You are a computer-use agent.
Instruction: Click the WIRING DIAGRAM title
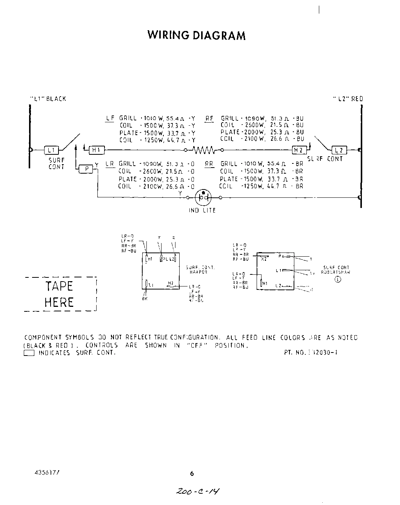tap(196, 35)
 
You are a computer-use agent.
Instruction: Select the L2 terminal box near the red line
tap(338, 150)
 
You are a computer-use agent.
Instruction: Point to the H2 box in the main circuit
tap(298, 150)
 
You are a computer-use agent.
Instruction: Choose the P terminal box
tap(86, 169)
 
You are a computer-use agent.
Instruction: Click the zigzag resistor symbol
tap(204, 150)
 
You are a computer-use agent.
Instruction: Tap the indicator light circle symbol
tap(203, 197)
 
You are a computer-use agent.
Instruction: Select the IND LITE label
tap(202, 210)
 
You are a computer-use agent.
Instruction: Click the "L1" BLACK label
tap(48, 99)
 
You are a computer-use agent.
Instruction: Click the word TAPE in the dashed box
tap(59, 286)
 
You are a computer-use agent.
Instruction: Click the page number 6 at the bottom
tap(192, 474)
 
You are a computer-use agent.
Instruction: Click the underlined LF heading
tap(110, 119)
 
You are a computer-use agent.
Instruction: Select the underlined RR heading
tap(209, 164)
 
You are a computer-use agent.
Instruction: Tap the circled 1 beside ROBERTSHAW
tap(338, 279)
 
